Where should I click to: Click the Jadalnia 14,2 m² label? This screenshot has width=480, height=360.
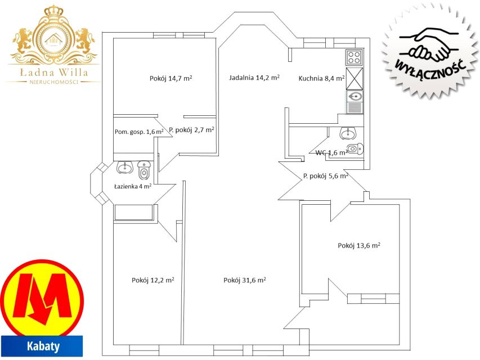254,78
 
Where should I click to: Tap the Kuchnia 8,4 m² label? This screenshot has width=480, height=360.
322,78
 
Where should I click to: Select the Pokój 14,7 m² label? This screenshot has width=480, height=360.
171,78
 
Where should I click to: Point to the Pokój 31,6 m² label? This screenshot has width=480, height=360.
245,280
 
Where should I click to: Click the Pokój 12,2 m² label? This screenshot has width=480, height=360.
152,280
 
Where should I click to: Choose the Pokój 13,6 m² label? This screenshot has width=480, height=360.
359,245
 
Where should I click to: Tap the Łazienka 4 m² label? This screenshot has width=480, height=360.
133,186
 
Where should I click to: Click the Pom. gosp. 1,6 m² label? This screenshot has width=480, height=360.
139,132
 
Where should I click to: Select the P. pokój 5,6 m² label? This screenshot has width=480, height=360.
326,176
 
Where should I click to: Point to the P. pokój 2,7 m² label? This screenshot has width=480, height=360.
191,130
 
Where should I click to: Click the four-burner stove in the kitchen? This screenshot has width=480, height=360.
355,57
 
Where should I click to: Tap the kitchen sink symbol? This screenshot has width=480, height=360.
355,102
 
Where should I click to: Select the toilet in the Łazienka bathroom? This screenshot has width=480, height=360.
144,170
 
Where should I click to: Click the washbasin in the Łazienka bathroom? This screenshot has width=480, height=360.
124,167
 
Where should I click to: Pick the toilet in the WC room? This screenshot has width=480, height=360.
355,149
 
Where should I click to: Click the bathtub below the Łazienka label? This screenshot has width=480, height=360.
133,213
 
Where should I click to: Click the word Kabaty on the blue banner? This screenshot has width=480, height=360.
43,346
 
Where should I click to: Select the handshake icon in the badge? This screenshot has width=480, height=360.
429,44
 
